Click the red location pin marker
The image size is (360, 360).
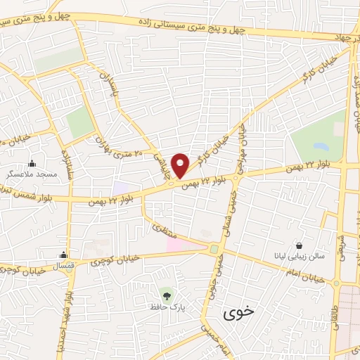pyautogui.click(x=181, y=165)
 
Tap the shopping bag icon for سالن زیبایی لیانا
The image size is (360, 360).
pyautogui.click(x=300, y=245)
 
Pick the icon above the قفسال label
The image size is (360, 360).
pyautogui.click(x=64, y=255)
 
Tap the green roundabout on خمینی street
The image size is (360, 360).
pyautogui.click(x=214, y=249)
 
